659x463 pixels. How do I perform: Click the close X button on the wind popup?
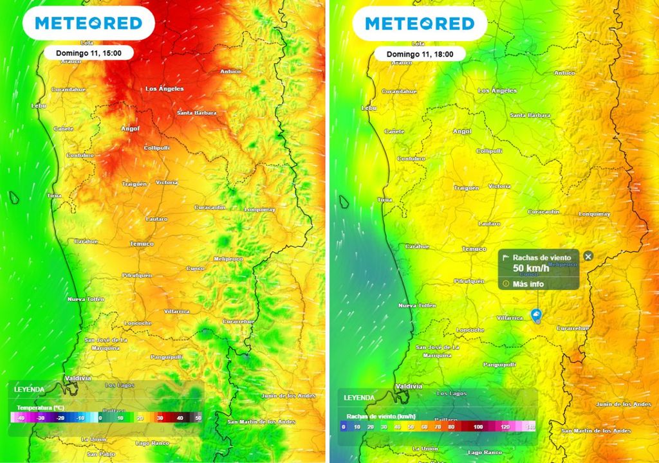tap(588, 256)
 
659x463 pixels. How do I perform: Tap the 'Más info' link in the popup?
tap(528, 284)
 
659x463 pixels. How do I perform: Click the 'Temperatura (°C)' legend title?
tap(40, 408)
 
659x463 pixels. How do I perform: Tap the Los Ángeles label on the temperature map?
tap(164, 89)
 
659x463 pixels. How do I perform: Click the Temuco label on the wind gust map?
tap(474, 249)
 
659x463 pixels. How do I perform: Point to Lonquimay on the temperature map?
tap(259, 210)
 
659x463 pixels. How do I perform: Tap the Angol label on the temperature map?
tap(130, 129)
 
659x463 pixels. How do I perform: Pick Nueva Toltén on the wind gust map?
tap(417, 305)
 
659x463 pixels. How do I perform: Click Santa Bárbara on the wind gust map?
tap(530, 115)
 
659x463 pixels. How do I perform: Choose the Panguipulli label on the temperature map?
tap(167, 356)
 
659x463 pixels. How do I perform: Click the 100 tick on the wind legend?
tap(478, 426)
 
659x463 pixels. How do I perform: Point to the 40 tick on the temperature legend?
tap(179, 417)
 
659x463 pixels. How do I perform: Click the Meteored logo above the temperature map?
tap(88, 24)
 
